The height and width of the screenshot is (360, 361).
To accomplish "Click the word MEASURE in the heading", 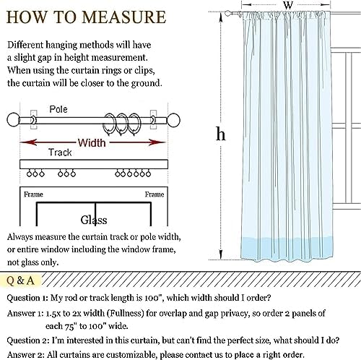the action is [124, 17].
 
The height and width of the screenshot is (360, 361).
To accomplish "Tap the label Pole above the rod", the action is [58, 109].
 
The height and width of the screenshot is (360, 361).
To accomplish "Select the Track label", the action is [60, 153].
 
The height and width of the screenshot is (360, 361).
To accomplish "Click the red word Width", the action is [92, 142].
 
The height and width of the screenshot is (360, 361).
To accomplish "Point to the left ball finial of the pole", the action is [13, 120].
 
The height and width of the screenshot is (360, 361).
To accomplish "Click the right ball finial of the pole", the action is [173, 120].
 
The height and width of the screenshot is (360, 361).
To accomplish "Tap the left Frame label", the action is [33, 194].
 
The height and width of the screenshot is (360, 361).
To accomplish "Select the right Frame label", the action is [155, 194].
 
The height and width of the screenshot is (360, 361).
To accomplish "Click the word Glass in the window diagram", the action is [94, 220].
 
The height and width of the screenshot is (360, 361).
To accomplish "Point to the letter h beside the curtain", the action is [220, 134].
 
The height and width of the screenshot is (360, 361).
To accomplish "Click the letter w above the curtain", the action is [288, 5].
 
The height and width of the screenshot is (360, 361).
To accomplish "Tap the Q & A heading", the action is [20, 280].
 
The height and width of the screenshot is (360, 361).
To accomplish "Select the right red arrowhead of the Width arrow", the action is [157, 142].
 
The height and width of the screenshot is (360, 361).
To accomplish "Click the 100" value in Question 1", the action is [153, 298].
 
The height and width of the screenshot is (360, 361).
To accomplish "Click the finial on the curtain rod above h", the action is [228, 13].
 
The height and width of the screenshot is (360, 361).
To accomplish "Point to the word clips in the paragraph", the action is [144, 71].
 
